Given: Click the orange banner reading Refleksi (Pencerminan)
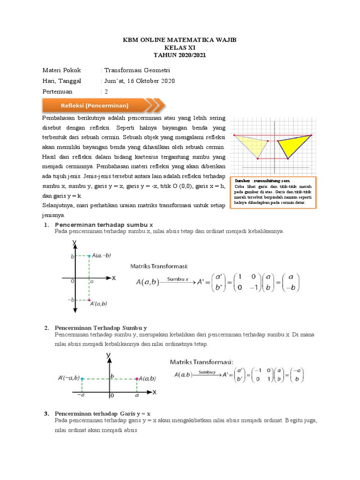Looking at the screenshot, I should (101, 105).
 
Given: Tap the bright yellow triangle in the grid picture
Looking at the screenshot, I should (293, 145).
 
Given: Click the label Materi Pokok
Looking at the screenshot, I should (61, 70).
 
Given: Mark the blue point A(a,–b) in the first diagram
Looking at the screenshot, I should (89, 256).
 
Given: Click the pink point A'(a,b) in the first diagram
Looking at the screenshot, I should (89, 300).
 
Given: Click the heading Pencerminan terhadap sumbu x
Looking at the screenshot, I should (104, 225).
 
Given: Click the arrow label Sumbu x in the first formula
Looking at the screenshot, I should (178, 279).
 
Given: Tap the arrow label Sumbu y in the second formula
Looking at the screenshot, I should (207, 372).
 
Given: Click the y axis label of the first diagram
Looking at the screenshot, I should (75, 242).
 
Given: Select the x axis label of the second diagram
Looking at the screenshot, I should (154, 391).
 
